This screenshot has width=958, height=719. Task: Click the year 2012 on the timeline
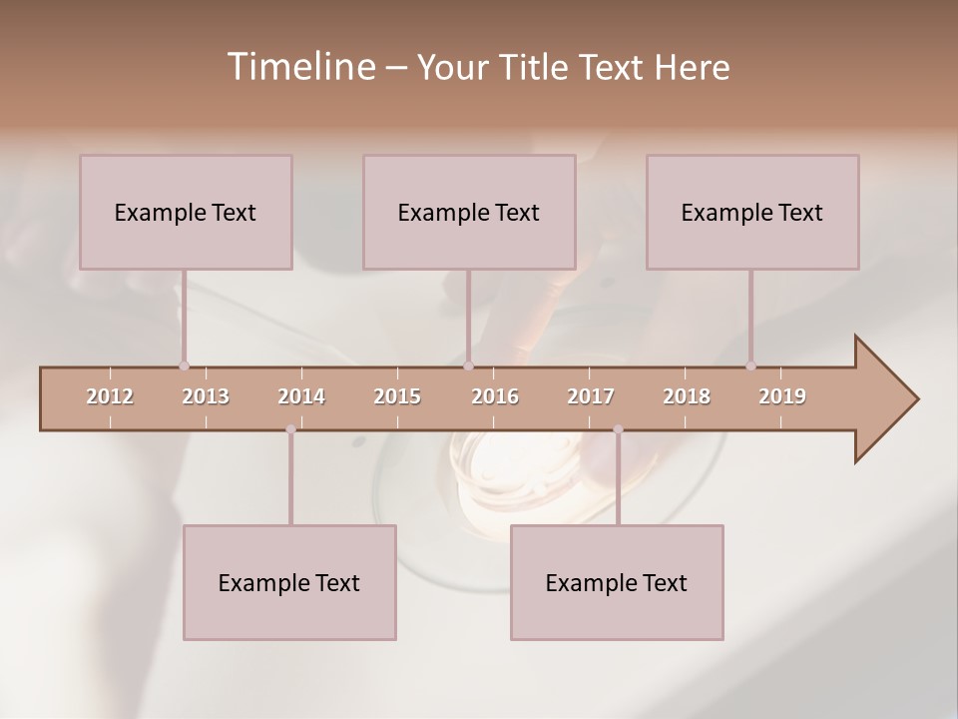point(110,396)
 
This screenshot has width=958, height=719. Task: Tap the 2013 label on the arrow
point(206,396)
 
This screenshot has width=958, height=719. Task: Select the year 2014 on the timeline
point(301,396)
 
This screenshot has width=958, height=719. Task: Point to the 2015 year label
point(397,396)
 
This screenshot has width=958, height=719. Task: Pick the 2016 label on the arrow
point(495,396)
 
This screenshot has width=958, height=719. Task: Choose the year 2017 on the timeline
point(591,396)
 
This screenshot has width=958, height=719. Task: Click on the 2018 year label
point(687,396)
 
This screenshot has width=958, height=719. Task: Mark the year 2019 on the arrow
point(782,396)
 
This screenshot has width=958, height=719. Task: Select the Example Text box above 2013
point(186,212)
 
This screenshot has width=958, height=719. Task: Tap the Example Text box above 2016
point(469,212)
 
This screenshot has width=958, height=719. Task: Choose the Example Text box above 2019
point(752,212)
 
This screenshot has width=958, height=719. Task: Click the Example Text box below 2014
point(289,582)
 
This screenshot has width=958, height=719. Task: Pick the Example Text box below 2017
point(617,582)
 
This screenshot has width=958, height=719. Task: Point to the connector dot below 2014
point(290,429)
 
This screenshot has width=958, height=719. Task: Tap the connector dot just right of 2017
point(618,429)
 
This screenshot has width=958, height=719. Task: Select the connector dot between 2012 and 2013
point(184,365)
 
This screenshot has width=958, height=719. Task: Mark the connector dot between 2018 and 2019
point(750,365)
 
